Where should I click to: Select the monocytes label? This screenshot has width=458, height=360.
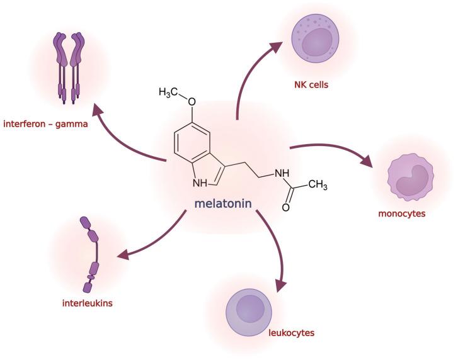(401, 213)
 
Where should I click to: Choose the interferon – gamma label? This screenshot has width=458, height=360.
(45, 124)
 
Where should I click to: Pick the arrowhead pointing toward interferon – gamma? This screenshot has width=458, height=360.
(96, 111)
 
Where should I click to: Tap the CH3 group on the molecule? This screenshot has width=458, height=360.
(318, 185)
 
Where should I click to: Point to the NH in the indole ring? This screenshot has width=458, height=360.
(200, 183)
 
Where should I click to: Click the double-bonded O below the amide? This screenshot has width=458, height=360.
(286, 206)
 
